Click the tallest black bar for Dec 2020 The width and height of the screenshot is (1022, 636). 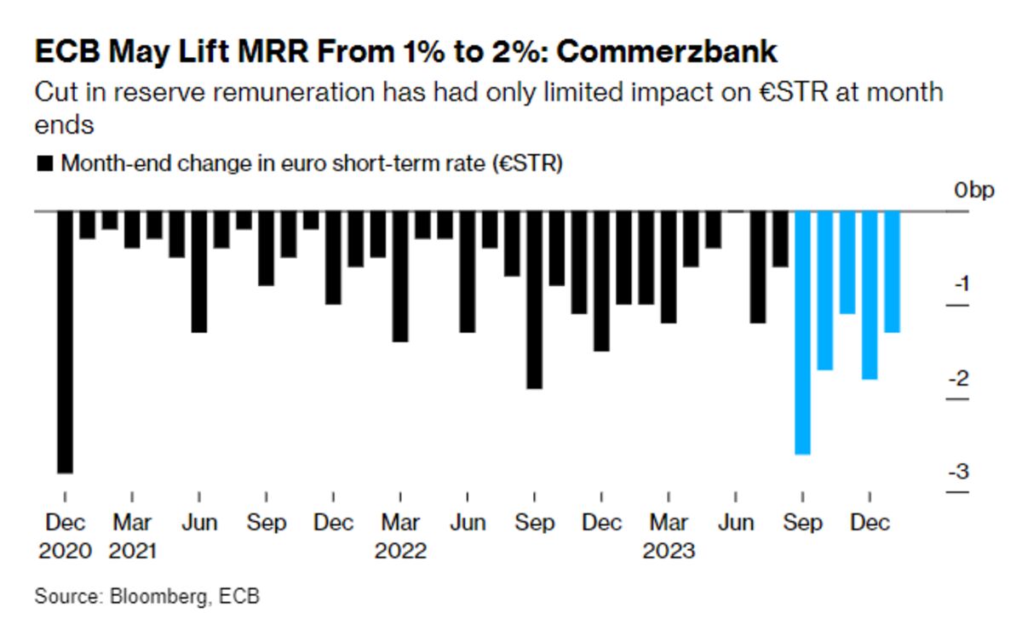(x=65, y=341)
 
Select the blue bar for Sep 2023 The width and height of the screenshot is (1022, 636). (x=801, y=332)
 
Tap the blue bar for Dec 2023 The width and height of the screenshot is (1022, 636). (x=869, y=295)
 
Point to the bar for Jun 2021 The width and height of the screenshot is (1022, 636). (x=199, y=272)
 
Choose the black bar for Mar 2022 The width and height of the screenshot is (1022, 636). (x=400, y=277)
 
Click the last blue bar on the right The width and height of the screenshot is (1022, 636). (x=892, y=272)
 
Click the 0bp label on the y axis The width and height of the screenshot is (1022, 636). (x=973, y=192)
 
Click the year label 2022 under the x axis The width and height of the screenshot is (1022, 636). (x=400, y=551)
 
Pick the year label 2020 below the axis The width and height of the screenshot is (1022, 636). (x=65, y=551)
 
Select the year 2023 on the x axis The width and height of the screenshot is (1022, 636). (x=669, y=551)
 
